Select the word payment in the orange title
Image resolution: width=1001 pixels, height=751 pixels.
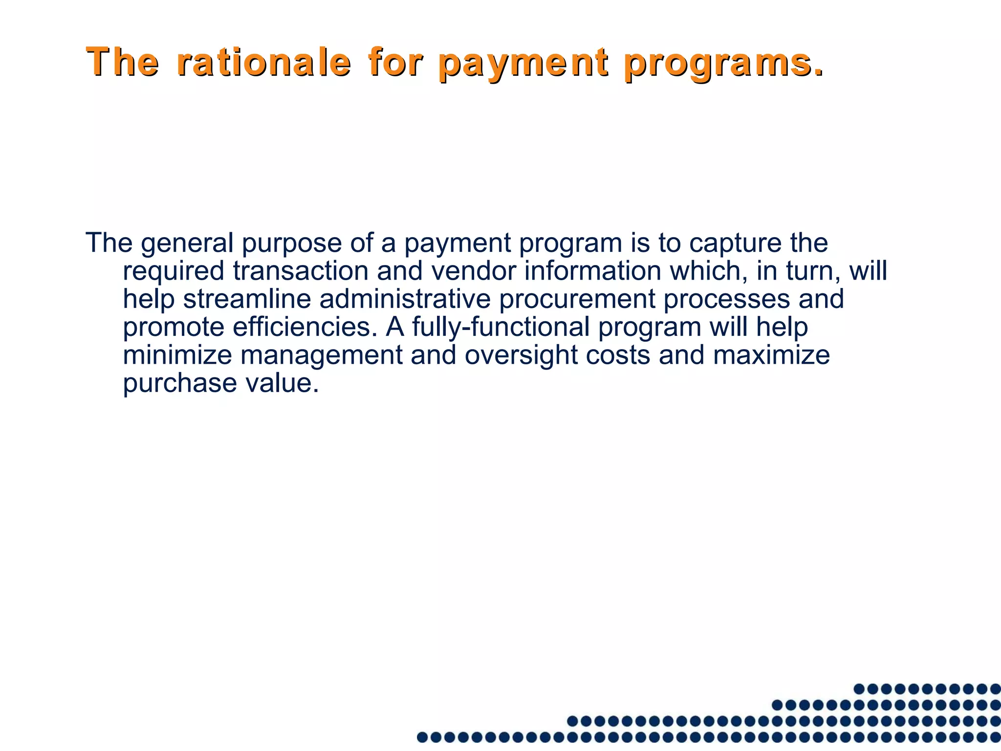[523, 64]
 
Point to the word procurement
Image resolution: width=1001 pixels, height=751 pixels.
[577, 299]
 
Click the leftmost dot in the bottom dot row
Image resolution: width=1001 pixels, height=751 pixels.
[422, 737]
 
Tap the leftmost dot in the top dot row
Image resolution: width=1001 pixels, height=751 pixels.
[859, 689]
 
